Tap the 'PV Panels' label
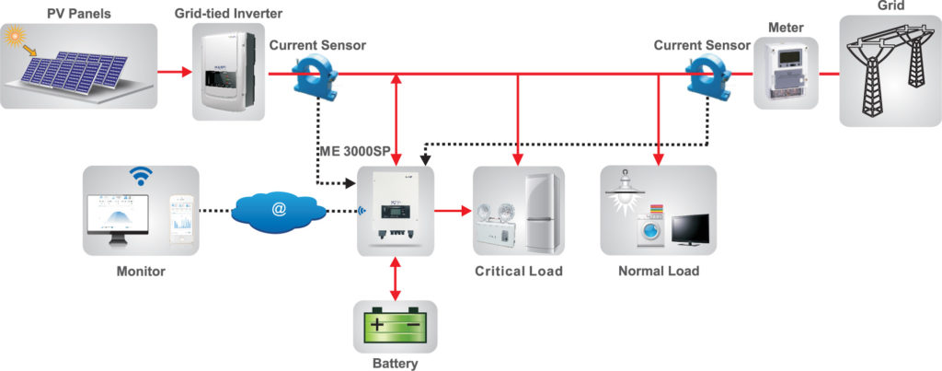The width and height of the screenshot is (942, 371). pyautogui.click(x=78, y=12)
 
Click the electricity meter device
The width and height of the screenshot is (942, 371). pyautogui.click(x=786, y=74)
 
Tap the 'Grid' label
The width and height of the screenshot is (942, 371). pyautogui.click(x=891, y=6)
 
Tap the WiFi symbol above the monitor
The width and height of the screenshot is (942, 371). pyautogui.click(x=141, y=176)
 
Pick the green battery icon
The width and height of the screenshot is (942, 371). pyautogui.click(x=396, y=326)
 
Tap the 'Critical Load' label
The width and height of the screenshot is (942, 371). pyautogui.click(x=518, y=271)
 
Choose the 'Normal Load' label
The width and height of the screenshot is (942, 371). pyautogui.click(x=659, y=271)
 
